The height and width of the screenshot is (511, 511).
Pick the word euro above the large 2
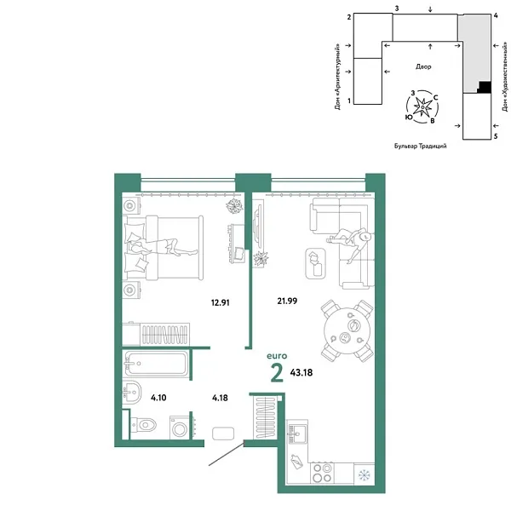coord(277,356)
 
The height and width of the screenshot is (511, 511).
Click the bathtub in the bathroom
coord(155,365)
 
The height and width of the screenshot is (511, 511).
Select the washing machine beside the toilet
coord(180,427)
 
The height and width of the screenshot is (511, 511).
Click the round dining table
coord(346,330)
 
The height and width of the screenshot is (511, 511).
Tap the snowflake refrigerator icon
coord(364,474)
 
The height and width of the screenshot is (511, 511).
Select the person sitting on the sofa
coord(352,240)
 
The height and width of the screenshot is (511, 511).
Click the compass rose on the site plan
coord(423,106)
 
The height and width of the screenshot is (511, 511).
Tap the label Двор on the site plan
coord(423,66)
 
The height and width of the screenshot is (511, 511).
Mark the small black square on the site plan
coord(484,86)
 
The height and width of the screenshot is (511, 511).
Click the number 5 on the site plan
coord(495,135)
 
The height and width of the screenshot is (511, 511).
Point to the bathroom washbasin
coord(133,393)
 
